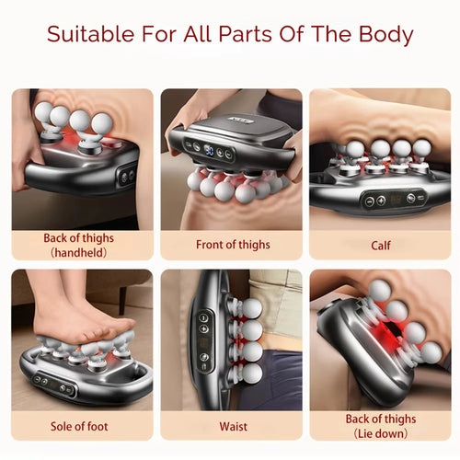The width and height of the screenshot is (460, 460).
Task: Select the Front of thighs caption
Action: pyautogui.click(x=232, y=246)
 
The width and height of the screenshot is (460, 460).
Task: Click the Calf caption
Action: pyautogui.click(x=382, y=246)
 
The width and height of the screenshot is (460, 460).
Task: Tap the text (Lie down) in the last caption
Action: pyautogui.click(x=381, y=432)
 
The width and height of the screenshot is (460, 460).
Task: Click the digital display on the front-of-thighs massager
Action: pyautogui.click(x=210, y=147)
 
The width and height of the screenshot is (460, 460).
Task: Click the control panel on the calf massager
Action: pyautogui.click(x=393, y=198)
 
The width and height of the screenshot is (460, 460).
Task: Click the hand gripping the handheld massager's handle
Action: pyautogui.click(x=26, y=147)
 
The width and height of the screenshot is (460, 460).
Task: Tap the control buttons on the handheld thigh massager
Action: pyautogui.click(x=126, y=175)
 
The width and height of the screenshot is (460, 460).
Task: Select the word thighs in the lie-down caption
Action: pyautogui.click(x=400, y=419)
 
